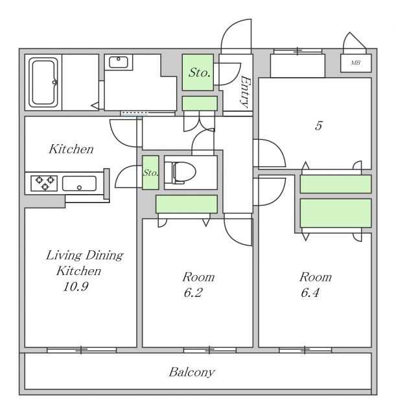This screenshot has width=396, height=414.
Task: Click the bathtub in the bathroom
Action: tap(43, 82)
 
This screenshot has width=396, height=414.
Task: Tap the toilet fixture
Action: tap(180, 172)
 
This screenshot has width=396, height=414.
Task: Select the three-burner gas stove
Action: tap(44, 183)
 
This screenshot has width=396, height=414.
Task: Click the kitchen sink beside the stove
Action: tap(79, 184)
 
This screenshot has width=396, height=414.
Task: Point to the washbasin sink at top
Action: tap(118, 62)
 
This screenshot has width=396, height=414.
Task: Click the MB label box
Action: tap(356, 63)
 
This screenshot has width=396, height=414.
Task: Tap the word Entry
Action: tap(245, 92)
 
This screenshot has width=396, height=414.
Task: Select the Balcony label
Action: tap(192, 373)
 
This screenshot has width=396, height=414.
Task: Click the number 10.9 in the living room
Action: tap(76, 287)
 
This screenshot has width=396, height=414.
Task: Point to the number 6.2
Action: tap(193, 293)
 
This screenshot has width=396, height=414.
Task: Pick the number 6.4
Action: tap(310, 293)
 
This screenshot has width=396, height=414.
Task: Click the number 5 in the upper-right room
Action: tap(318, 126)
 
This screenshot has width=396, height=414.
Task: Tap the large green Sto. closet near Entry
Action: tap(198, 72)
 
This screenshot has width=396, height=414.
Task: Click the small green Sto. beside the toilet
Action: tap(150, 173)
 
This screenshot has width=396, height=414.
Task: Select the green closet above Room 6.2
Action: tap(187, 204)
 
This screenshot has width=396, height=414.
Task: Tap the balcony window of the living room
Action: tap(82, 350)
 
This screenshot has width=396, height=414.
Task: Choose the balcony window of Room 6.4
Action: tap(305, 350)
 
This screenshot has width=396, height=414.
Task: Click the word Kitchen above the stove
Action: tap(71, 149)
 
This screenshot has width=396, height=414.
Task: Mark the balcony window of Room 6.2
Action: tap(210, 350)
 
